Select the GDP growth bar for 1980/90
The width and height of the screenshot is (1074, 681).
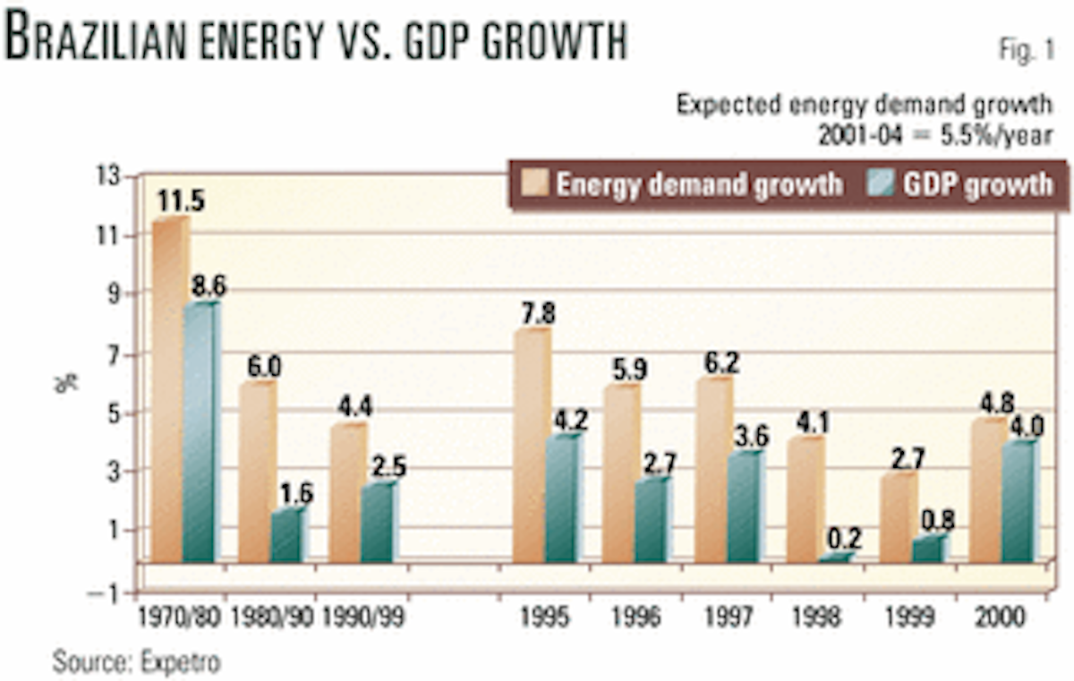pyautogui.click(x=287, y=536)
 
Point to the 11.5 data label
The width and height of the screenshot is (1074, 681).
pyautogui.click(x=181, y=200)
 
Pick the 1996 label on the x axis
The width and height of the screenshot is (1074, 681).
pyautogui.click(x=636, y=617)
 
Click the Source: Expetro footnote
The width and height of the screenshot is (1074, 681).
pyautogui.click(x=136, y=662)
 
